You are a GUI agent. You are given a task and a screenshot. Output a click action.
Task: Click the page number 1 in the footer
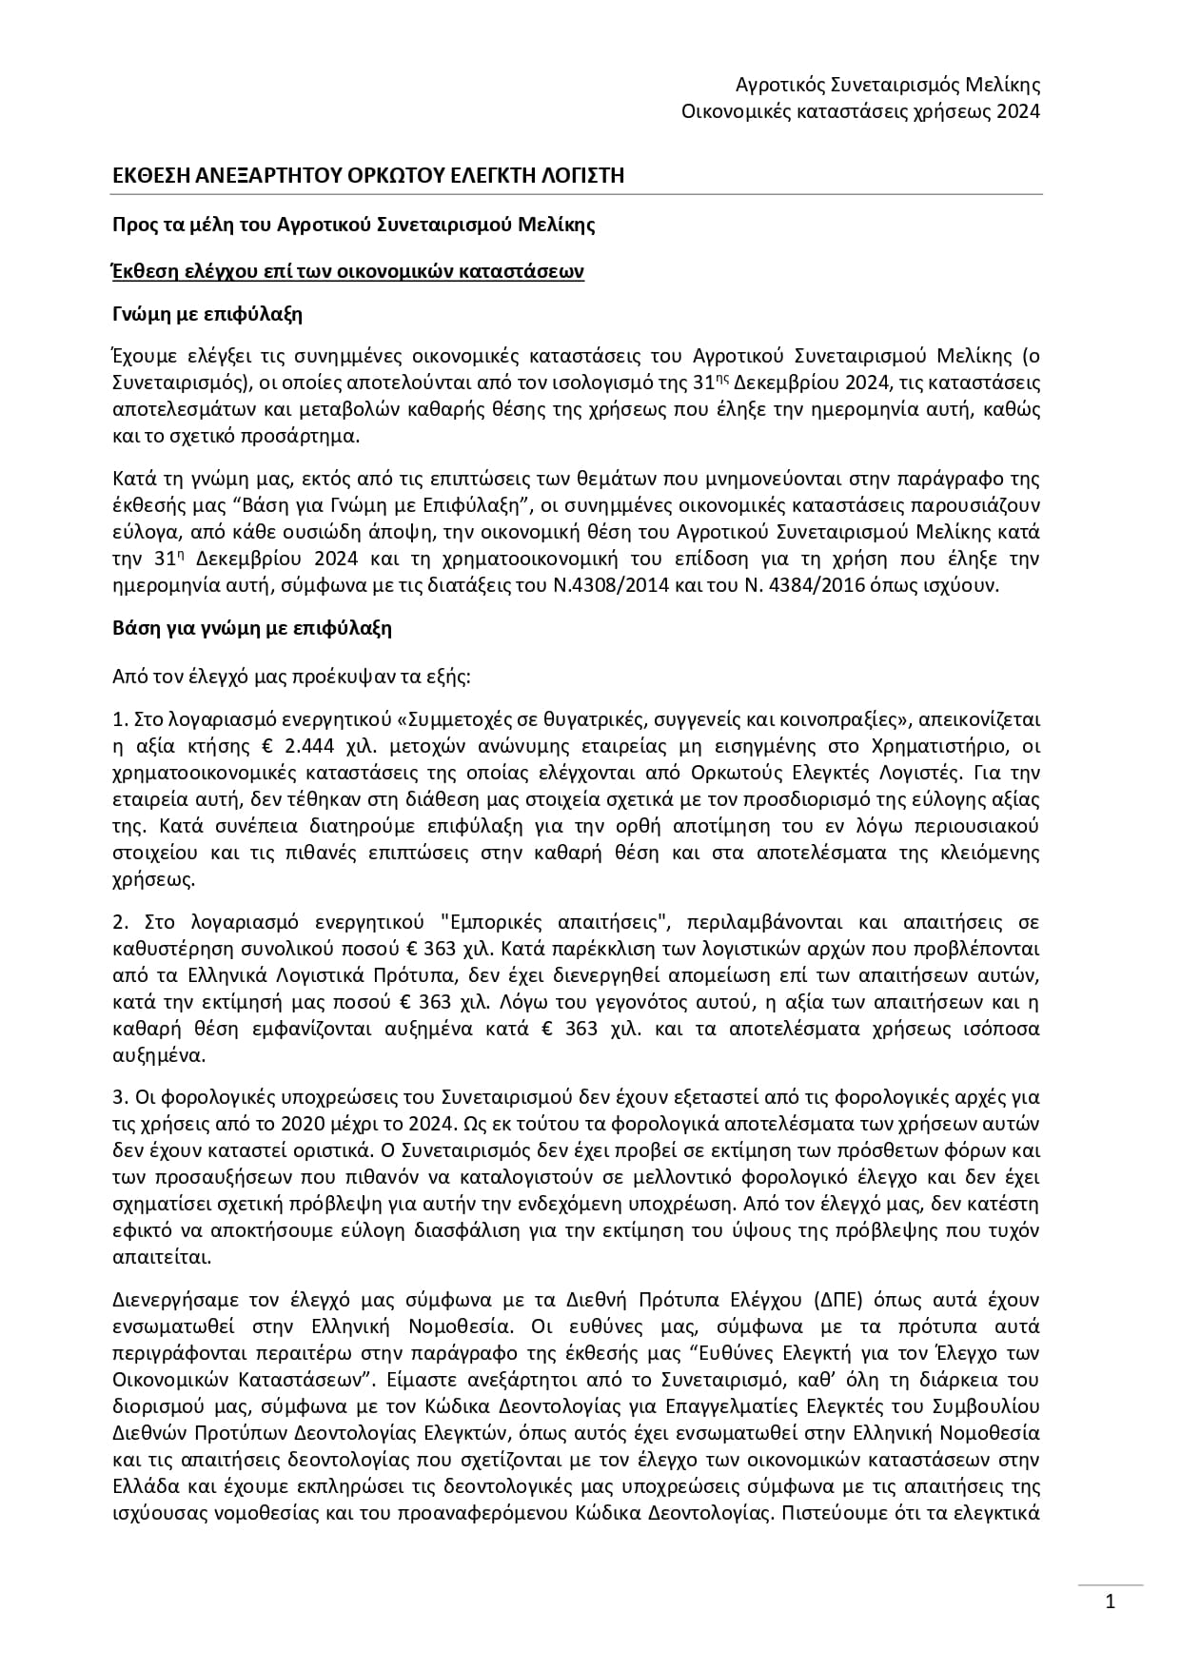pos(1110,1601)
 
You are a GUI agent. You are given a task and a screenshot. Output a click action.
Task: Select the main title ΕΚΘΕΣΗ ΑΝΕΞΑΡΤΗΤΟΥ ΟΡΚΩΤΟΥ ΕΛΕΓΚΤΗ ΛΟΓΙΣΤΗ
pos(368,175)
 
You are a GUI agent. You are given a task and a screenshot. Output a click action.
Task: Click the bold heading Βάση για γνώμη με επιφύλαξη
pos(252,628)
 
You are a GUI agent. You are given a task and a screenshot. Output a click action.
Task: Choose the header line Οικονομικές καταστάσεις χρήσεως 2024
pos(860,111)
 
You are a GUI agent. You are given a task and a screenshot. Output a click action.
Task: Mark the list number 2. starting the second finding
pos(120,922)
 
